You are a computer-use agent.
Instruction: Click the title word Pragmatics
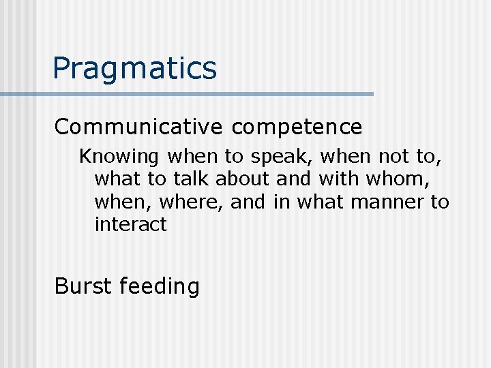click(135, 69)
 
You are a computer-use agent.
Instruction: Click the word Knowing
click(119, 157)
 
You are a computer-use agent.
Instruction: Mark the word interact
click(130, 224)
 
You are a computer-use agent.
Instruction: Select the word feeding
click(160, 287)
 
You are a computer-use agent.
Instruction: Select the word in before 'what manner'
click(282, 202)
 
